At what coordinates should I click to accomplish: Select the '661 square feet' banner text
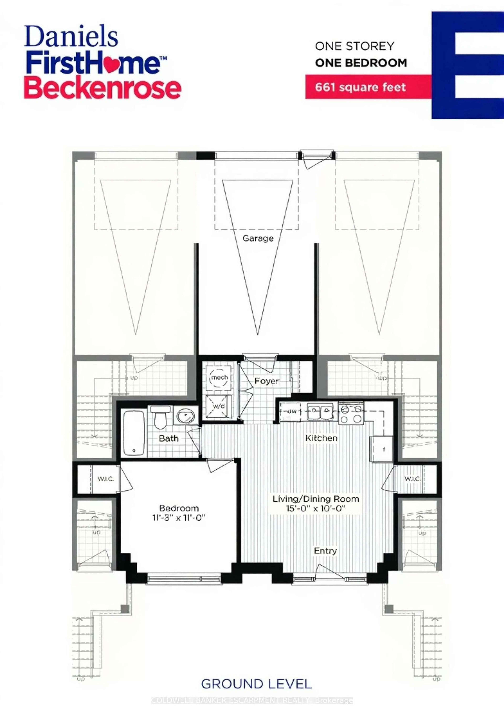coord(360,87)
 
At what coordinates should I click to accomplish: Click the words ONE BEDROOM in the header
coord(361,63)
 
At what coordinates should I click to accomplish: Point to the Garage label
coord(258,238)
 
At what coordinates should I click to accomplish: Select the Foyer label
coord(267,381)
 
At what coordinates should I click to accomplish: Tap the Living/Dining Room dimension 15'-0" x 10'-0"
coord(315,508)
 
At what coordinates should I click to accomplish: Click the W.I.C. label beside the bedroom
coord(105,479)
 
